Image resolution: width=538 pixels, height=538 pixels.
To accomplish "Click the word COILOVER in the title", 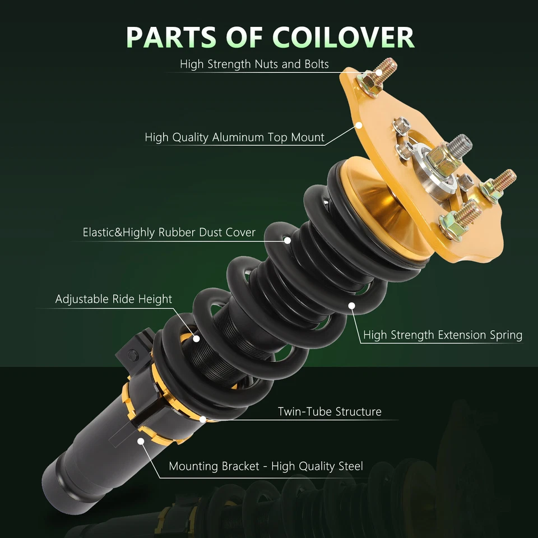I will [344, 37].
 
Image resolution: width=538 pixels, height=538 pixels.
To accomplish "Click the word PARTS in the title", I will [170, 37].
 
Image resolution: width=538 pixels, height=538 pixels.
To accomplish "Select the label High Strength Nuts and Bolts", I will [254, 64].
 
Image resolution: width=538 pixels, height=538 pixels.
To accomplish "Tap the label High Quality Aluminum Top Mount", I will [234, 137].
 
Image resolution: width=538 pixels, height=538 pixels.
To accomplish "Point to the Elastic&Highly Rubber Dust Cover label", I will [169, 232].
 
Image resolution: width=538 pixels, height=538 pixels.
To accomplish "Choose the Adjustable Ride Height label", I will [113, 299].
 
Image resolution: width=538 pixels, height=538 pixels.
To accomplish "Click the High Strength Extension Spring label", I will [442, 335].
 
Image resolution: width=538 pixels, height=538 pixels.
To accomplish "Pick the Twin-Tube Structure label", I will [330, 412].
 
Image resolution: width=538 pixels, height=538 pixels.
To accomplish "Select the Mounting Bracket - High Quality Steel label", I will [266, 466].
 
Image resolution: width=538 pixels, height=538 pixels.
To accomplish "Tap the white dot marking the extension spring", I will [352, 305].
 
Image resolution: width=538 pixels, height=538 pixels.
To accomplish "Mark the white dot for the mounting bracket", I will [140, 441].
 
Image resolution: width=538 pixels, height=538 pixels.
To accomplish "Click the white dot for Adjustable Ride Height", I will [197, 338].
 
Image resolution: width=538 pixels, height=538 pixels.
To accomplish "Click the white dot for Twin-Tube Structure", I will [202, 418].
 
